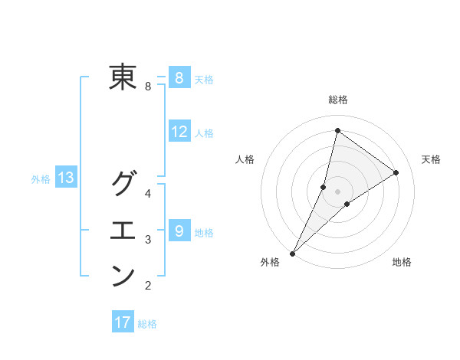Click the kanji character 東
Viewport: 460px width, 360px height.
[x=123, y=77]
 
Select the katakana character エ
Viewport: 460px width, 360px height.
[x=123, y=230]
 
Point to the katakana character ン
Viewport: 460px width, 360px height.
[x=123, y=276]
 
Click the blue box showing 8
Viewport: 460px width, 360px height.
[x=179, y=77]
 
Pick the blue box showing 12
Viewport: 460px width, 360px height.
[x=179, y=132]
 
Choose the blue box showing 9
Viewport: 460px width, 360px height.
[x=179, y=231]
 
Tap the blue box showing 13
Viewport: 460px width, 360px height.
[x=66, y=178]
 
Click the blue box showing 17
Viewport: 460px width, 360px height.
[x=123, y=322]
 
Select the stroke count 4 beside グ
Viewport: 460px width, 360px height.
[x=148, y=193]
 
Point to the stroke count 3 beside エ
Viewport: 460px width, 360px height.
[x=148, y=240]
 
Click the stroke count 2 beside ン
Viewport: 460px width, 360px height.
[x=148, y=286]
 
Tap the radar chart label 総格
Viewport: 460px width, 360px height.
[x=338, y=100]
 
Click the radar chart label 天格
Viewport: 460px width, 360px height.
[x=431, y=159]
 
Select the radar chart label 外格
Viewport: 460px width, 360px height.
[x=269, y=262]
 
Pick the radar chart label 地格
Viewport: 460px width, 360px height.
[x=402, y=262]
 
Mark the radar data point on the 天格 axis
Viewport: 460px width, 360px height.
[x=396, y=173]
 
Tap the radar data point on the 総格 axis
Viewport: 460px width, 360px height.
[x=337, y=131]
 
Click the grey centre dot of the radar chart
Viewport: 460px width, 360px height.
[x=337, y=191]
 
